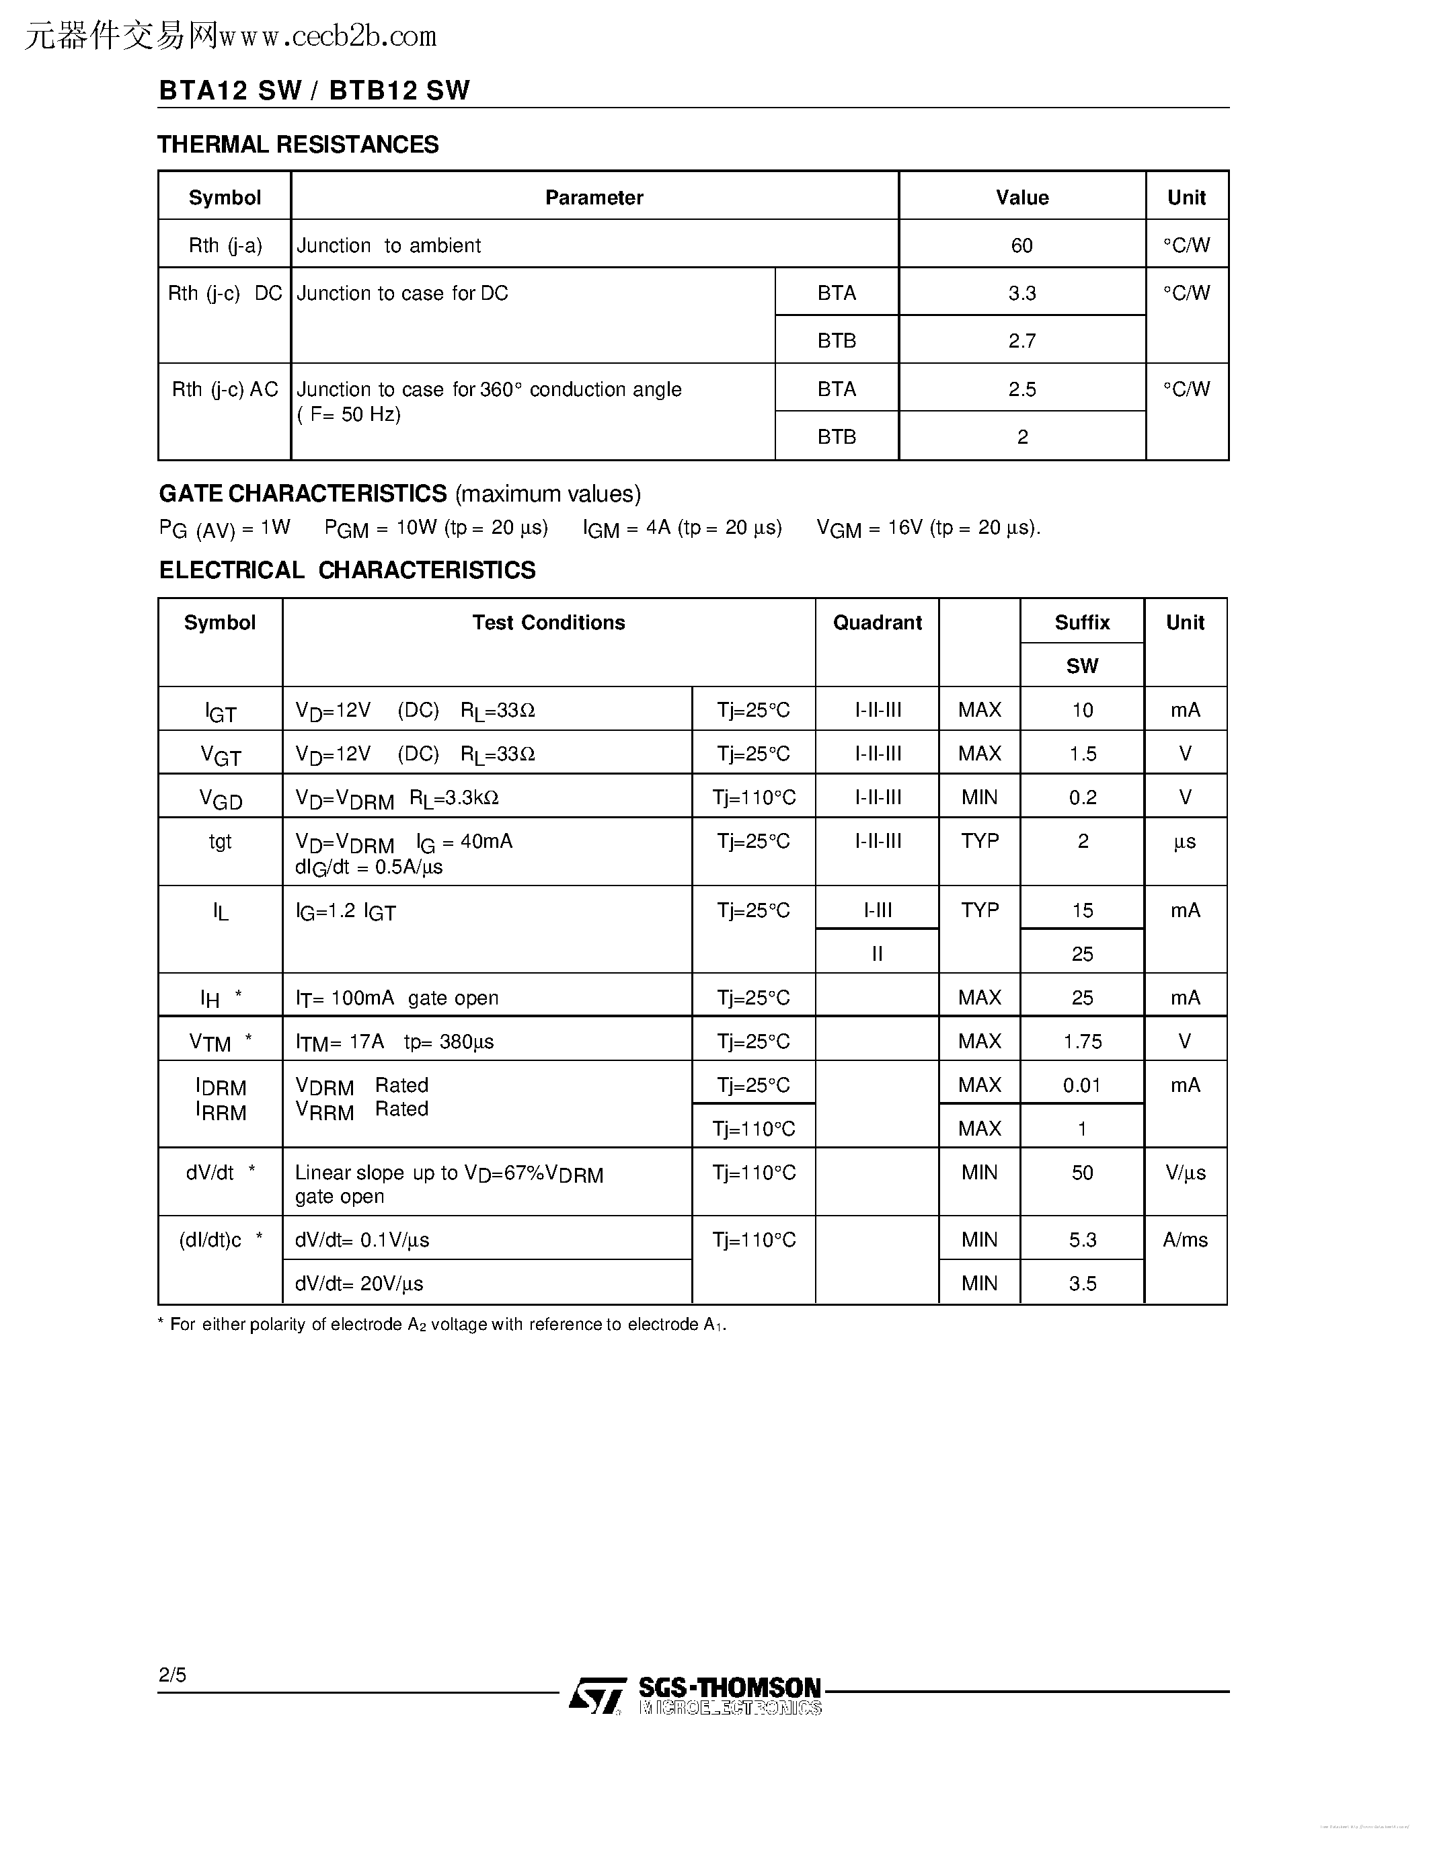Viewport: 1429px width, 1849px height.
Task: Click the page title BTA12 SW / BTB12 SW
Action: coord(314,91)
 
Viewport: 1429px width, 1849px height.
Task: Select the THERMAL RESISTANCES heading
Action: coord(298,145)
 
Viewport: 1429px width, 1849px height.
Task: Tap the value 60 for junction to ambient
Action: coord(1021,245)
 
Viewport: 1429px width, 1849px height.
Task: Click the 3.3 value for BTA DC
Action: coord(1021,293)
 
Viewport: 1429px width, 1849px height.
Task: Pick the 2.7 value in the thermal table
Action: coord(1021,341)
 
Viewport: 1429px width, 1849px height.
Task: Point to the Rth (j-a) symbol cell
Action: coord(225,245)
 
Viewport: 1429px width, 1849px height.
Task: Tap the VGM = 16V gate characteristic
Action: coord(928,528)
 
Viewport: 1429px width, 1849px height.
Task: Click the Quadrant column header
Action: coord(877,623)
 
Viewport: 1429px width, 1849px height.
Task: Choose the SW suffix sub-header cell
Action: coord(1082,666)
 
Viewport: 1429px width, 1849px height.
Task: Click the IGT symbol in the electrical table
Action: coord(220,712)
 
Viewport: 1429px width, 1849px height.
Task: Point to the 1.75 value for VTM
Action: coord(1082,1042)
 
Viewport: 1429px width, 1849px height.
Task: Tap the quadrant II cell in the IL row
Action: coord(877,954)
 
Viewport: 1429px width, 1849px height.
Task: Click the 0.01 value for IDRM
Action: coord(1082,1085)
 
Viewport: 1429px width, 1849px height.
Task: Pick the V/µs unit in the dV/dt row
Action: coord(1185,1173)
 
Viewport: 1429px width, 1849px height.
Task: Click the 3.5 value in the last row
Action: coord(1082,1284)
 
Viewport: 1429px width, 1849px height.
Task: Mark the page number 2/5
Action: coord(172,1675)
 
